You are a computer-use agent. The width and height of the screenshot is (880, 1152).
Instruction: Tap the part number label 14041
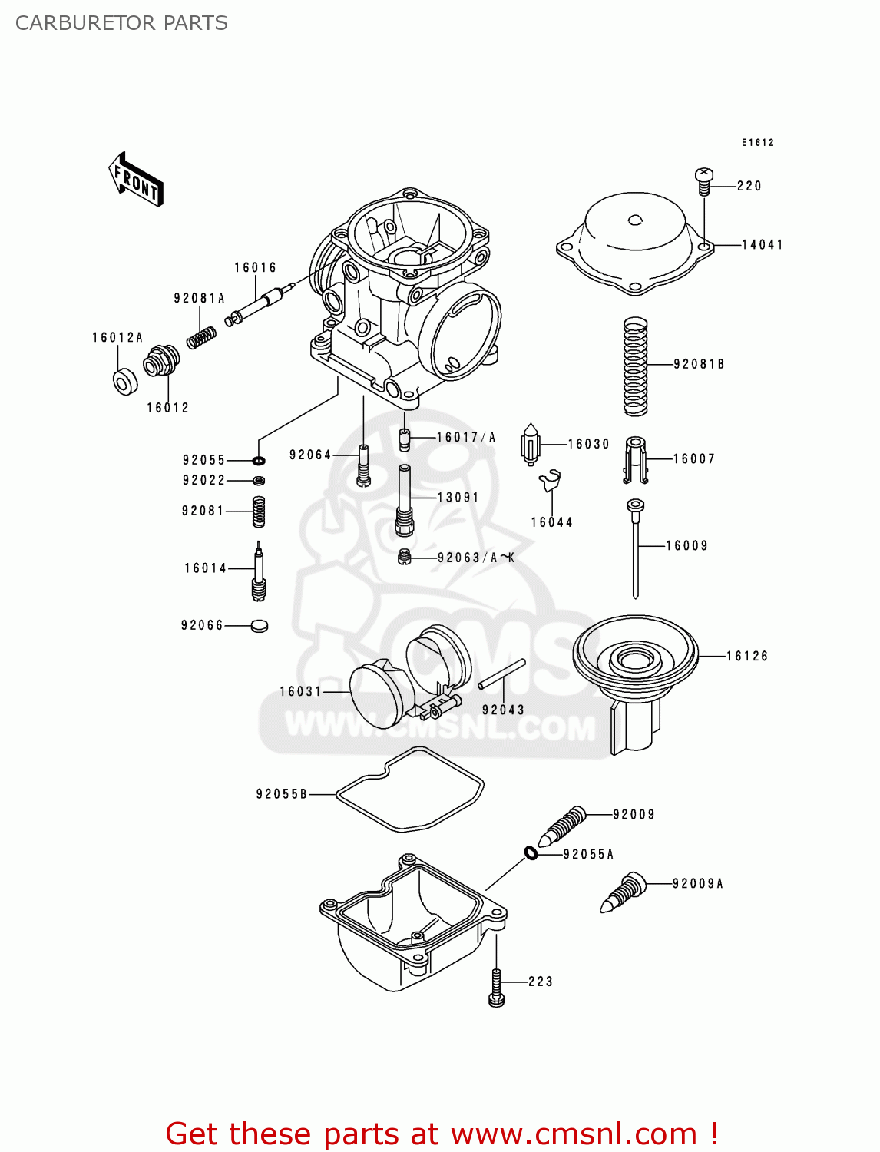point(762,245)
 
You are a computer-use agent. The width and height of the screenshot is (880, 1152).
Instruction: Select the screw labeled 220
point(704,181)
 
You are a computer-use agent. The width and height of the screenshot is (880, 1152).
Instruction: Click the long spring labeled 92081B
point(635,366)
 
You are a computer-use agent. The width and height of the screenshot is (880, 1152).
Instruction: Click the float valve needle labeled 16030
point(531,445)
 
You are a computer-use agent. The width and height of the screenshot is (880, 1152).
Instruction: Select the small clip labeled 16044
point(550,481)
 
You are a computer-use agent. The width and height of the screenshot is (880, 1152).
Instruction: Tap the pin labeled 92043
point(501,674)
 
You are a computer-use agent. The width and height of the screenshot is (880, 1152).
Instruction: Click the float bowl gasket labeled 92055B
point(410,790)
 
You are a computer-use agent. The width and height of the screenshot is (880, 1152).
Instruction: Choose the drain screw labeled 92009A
point(623,892)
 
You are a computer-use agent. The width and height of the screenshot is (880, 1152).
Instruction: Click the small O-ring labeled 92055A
point(531,852)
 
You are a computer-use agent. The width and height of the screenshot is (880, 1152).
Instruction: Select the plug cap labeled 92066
point(260,625)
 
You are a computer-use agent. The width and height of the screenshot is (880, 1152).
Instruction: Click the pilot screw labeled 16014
point(259,572)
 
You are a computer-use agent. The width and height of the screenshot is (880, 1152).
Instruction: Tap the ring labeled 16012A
point(124,382)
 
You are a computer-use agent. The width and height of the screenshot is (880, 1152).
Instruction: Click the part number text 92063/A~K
point(476,558)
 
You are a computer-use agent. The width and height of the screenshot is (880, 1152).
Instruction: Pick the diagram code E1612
point(758,143)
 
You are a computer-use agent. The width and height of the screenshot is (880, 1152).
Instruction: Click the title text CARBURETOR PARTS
point(121,23)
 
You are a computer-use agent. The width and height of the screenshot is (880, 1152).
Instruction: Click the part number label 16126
point(747,656)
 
